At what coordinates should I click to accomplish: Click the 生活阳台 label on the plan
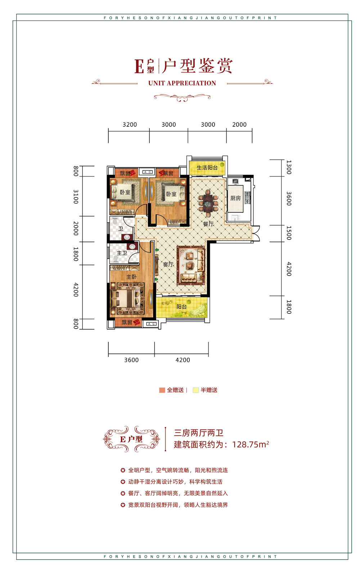pos(207,168)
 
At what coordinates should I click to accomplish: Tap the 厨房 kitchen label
pos(235,198)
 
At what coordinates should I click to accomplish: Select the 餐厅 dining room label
pos(208,224)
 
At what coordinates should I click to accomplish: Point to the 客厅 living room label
pos(168,264)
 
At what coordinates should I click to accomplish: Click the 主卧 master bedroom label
pos(131,277)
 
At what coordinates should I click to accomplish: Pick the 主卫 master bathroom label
pos(122,253)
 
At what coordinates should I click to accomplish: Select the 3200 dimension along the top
pos(130,125)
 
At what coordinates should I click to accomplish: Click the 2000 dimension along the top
pos(239,125)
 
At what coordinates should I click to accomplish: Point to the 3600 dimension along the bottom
pos(131,360)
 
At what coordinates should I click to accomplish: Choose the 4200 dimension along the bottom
pos(183,360)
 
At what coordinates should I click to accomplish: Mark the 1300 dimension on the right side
pos(288,167)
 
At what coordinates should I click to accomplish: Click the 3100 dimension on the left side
pos(76,197)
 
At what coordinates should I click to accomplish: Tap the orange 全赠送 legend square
pos(162,390)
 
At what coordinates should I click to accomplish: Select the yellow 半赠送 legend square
pos(195,390)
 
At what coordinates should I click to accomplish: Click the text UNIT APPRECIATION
pos(182,83)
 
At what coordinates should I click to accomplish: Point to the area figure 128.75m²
pos(251,445)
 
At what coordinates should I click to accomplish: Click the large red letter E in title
pos(139,67)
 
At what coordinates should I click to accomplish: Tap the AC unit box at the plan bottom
pos(150,324)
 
